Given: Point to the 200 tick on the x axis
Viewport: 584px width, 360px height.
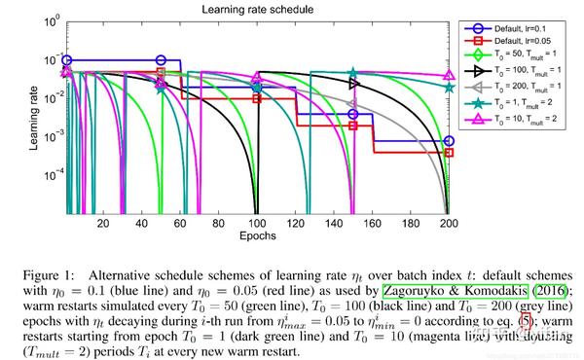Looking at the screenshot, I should coord(448,225).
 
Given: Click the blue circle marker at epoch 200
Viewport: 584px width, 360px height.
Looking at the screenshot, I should coord(449,141).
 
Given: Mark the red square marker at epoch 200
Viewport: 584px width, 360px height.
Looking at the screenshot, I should coord(449,153).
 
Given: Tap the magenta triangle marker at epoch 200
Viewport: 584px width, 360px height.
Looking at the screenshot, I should coord(449,74).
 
